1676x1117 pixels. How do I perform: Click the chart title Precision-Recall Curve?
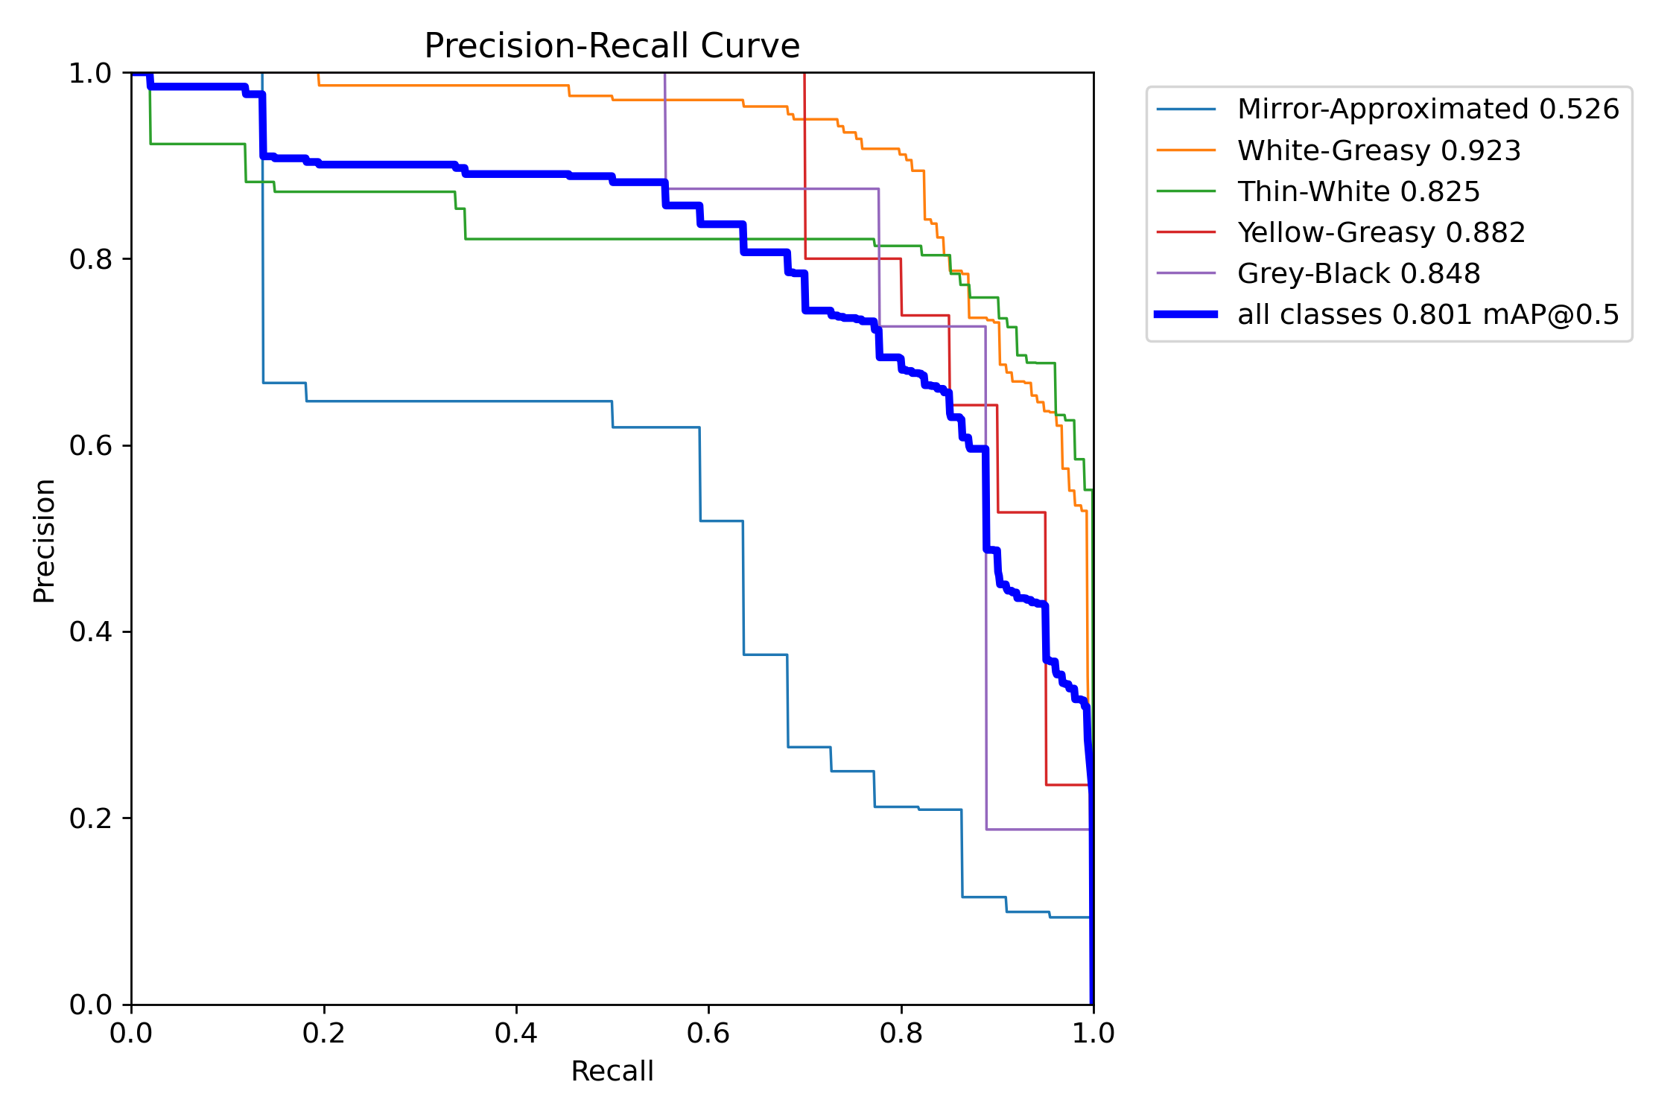612,46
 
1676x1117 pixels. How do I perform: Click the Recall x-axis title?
612,1071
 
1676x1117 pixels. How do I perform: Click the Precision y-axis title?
44,541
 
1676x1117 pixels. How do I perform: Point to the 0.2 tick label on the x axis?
323,1033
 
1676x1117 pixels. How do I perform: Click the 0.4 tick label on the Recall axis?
516,1033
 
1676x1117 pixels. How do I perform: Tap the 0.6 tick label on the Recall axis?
708,1033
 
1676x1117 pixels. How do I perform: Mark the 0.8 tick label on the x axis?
901,1033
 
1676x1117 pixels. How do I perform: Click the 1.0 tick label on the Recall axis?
1093,1033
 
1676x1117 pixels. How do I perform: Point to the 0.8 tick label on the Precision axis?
90,259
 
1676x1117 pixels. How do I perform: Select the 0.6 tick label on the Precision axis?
90,445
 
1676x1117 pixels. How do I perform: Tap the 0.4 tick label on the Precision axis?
90,631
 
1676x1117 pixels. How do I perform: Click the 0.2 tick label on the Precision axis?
90,818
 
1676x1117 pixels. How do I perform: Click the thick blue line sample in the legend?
1186,314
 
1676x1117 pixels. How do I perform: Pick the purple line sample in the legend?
1186,273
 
